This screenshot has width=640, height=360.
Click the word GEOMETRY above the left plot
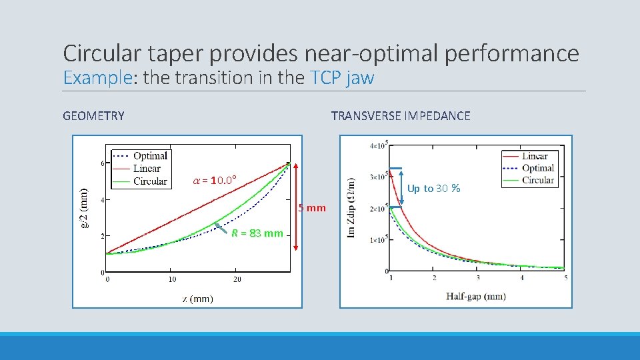click(x=93, y=116)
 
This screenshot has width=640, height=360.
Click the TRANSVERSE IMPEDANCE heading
click(x=400, y=116)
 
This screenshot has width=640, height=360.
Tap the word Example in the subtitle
click(x=97, y=78)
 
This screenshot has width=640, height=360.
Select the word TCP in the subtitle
click(x=325, y=78)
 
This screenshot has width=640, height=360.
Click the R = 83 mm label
click(x=257, y=233)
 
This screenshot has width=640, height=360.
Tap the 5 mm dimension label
click(x=312, y=208)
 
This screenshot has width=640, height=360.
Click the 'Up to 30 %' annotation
click(x=433, y=189)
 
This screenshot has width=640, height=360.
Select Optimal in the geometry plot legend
click(x=150, y=156)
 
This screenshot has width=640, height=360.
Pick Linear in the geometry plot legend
click(x=147, y=169)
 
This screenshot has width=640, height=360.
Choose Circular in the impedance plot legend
click(x=538, y=180)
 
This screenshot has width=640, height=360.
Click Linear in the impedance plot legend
click(x=535, y=157)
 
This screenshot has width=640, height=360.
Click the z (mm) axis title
click(x=197, y=299)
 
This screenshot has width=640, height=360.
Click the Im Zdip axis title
click(x=351, y=207)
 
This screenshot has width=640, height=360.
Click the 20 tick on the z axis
click(x=237, y=279)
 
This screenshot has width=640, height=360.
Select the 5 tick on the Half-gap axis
click(x=565, y=277)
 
